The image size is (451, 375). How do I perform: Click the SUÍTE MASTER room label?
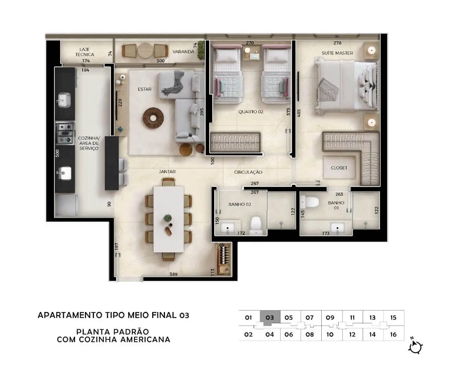pos(337,53)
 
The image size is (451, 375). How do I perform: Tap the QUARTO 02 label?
pos(251,112)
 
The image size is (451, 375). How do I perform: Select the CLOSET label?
pos(339,168)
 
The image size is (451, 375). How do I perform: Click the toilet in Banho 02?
pos(256,225)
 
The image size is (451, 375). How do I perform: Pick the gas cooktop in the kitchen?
pos(65,133)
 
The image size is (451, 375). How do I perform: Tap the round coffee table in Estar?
pos(153,118)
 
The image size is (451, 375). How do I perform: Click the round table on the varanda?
pos(145,51)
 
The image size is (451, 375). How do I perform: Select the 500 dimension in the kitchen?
pos(57,153)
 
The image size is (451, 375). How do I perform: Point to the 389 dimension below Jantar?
pos(173,274)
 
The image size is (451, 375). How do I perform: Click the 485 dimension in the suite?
pos(299,113)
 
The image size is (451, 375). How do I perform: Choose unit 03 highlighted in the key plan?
pos(270,318)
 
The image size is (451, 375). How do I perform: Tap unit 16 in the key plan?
pos(393,334)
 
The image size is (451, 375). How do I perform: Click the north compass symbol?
pos(415,347)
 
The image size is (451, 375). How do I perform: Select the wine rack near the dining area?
pos(224,259)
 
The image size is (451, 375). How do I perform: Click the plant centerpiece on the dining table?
pos(168,218)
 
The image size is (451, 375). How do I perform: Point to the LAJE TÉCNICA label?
pos(85,52)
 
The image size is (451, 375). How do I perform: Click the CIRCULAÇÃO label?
pos(248,172)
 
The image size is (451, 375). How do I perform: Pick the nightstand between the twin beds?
pos(252,53)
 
